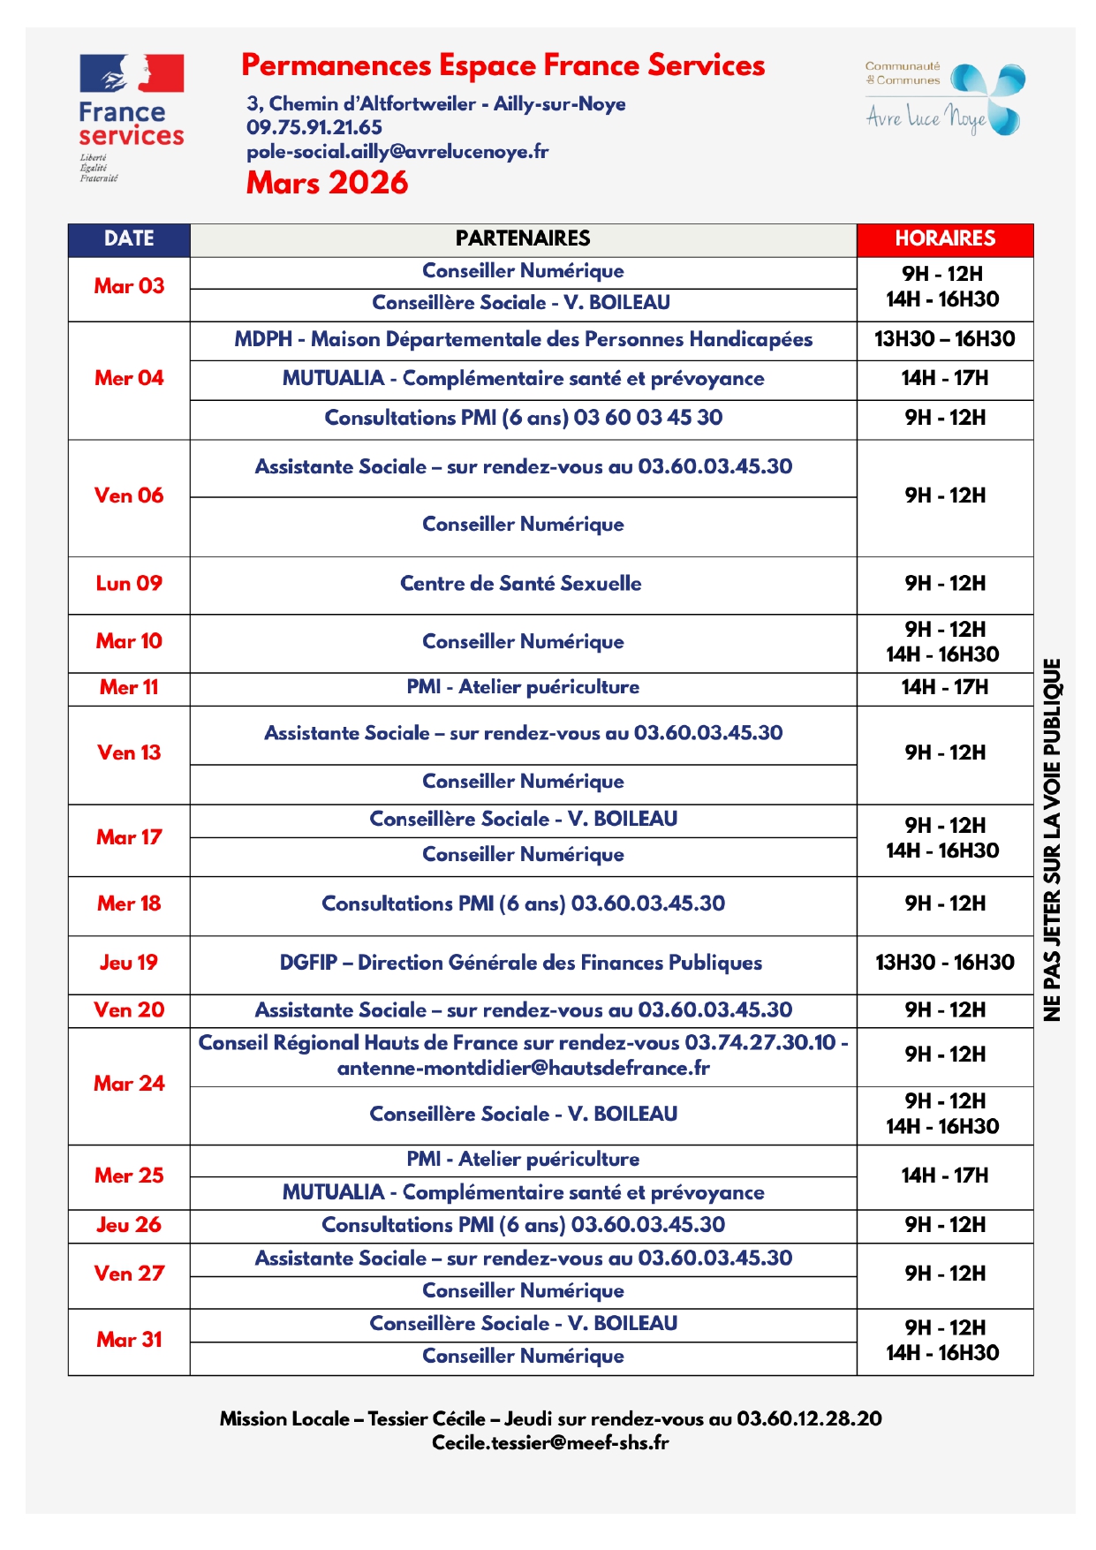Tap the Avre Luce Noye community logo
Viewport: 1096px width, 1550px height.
tap(943, 100)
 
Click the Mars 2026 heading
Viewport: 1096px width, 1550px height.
tap(327, 183)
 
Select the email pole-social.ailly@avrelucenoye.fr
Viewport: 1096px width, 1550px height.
tap(397, 151)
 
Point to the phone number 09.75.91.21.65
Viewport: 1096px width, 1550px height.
tap(314, 127)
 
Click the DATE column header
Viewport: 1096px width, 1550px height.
tap(129, 238)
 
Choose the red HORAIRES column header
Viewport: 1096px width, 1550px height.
tap(944, 238)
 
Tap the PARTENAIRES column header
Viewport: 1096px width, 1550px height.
tap(523, 238)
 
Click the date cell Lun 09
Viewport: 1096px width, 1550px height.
tap(129, 583)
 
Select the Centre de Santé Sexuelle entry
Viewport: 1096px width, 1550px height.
tap(521, 583)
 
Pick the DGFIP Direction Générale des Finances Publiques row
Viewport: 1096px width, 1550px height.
tap(521, 963)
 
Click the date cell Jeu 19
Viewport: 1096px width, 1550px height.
tap(129, 963)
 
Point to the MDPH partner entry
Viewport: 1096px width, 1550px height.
tap(523, 339)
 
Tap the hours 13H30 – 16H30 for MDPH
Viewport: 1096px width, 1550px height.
tap(944, 339)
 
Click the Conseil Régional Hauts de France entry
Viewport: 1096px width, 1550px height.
tap(523, 1055)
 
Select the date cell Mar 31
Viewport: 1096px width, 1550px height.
tap(129, 1340)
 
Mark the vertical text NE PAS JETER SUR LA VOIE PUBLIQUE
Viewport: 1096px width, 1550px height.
tap(1052, 839)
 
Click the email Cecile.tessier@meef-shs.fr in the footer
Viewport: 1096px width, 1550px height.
tap(549, 1442)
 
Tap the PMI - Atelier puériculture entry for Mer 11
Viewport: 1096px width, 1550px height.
tap(523, 687)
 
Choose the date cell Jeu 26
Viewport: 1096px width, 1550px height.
tap(129, 1225)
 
